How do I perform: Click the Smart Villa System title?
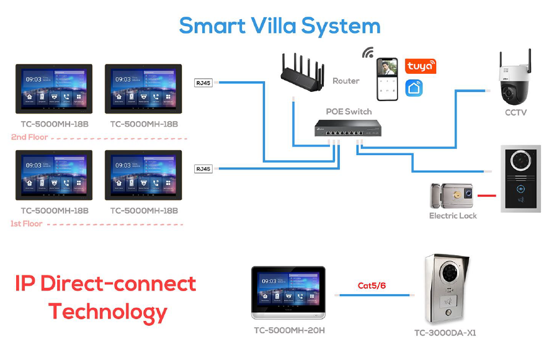click(x=279, y=25)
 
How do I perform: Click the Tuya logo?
click(x=421, y=66)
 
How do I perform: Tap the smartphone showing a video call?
click(x=388, y=79)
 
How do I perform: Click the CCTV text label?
click(x=515, y=112)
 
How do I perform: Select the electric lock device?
click(x=453, y=196)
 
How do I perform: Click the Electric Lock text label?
click(x=453, y=216)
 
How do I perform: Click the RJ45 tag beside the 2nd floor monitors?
click(x=203, y=82)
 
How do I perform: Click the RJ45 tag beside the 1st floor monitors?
click(x=203, y=168)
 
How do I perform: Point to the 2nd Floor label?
click(x=29, y=137)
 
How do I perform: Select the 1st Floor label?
click(x=27, y=223)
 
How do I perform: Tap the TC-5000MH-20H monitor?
click(x=288, y=292)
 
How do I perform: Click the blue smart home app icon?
click(x=414, y=88)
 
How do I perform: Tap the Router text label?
click(x=345, y=81)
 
